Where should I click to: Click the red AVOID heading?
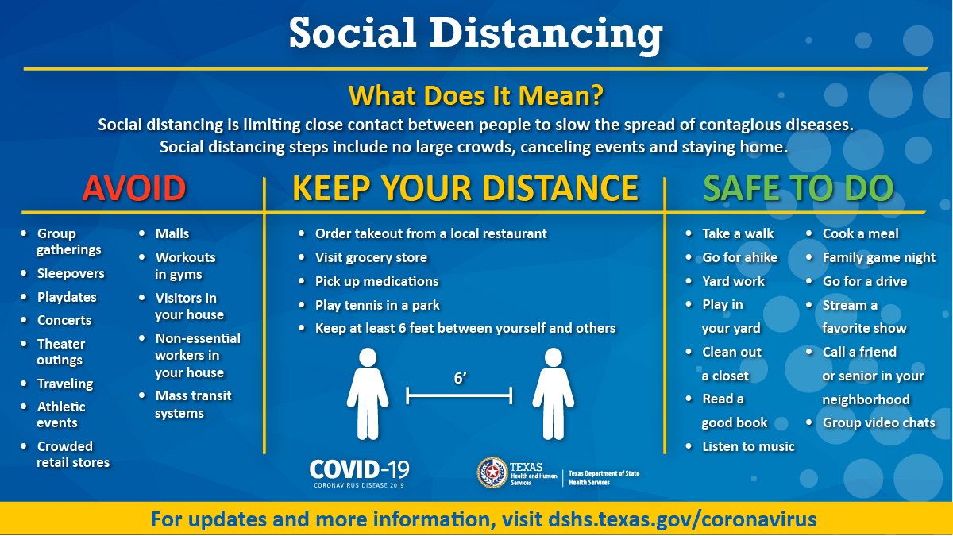[134, 187]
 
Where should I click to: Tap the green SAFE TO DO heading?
[798, 187]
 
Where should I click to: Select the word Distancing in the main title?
[546, 34]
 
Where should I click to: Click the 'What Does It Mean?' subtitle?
[476, 95]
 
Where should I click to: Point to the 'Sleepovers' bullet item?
[71, 273]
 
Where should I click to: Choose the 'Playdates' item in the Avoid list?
[67, 297]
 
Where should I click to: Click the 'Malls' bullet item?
[172, 233]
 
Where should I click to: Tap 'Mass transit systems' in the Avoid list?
[193, 404]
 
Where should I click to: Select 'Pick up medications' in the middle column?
[376, 281]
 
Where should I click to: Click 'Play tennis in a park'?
[377, 305]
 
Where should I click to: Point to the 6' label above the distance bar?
[461, 378]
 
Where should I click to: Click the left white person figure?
[368, 394]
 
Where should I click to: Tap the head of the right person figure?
[554, 357]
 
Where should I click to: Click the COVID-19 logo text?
[359, 473]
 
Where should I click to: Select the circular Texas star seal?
[492, 472]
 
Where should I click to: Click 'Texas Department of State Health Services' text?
[604, 478]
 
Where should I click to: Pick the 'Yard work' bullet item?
[734, 281]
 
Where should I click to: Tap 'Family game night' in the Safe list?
[879, 257]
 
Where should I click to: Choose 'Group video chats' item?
[879, 422]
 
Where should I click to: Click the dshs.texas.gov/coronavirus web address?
[682, 519]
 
